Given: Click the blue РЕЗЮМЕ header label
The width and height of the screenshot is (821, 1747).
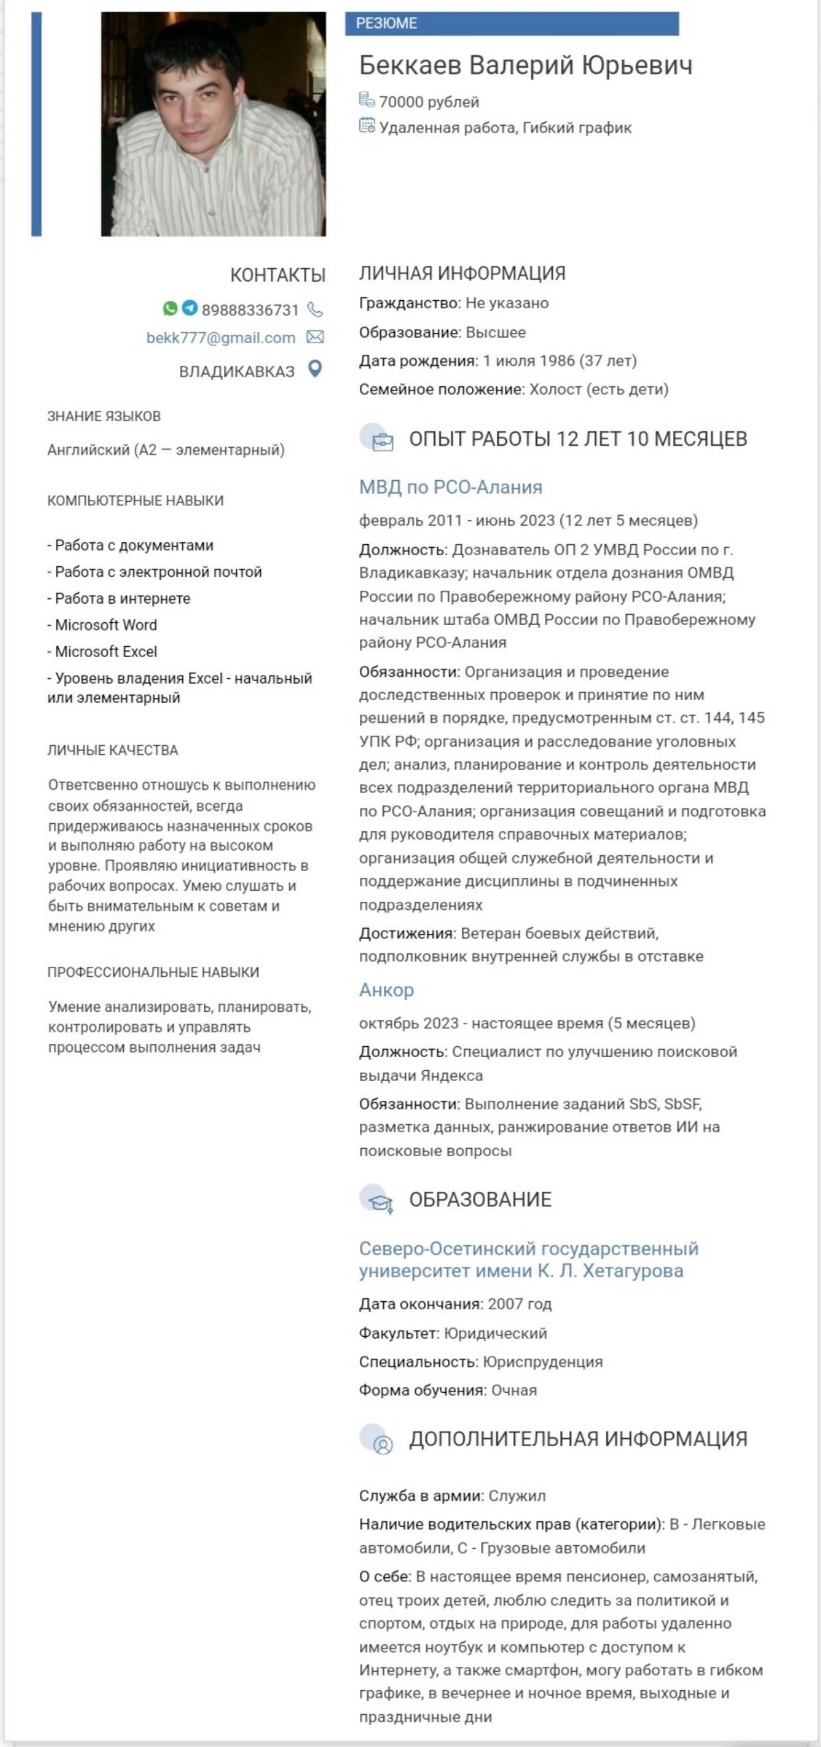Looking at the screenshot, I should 387,23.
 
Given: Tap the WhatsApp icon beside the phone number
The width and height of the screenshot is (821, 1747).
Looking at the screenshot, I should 170,308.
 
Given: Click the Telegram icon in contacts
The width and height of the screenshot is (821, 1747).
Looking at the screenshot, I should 190,308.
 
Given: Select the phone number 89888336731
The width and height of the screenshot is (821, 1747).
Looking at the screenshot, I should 250,310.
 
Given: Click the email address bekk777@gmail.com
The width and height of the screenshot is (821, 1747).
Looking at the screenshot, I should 220,338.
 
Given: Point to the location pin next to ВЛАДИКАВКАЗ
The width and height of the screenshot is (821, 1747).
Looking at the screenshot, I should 315,369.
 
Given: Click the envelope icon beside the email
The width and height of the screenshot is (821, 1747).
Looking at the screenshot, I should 315,337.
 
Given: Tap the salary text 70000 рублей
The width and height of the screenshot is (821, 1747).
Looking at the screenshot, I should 429,102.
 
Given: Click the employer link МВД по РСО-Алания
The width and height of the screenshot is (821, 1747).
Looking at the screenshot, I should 450,488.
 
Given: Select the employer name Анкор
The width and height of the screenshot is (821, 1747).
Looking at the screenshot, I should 387,990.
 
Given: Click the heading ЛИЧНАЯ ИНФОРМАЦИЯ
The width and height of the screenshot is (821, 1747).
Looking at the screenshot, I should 462,274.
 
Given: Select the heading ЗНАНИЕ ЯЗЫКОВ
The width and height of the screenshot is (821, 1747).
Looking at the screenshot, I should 104,416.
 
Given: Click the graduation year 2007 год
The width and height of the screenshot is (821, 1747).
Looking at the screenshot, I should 519,1304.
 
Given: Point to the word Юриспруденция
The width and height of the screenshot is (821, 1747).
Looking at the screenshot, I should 543,1361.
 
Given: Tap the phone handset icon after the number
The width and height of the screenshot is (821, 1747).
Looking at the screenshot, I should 315,310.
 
